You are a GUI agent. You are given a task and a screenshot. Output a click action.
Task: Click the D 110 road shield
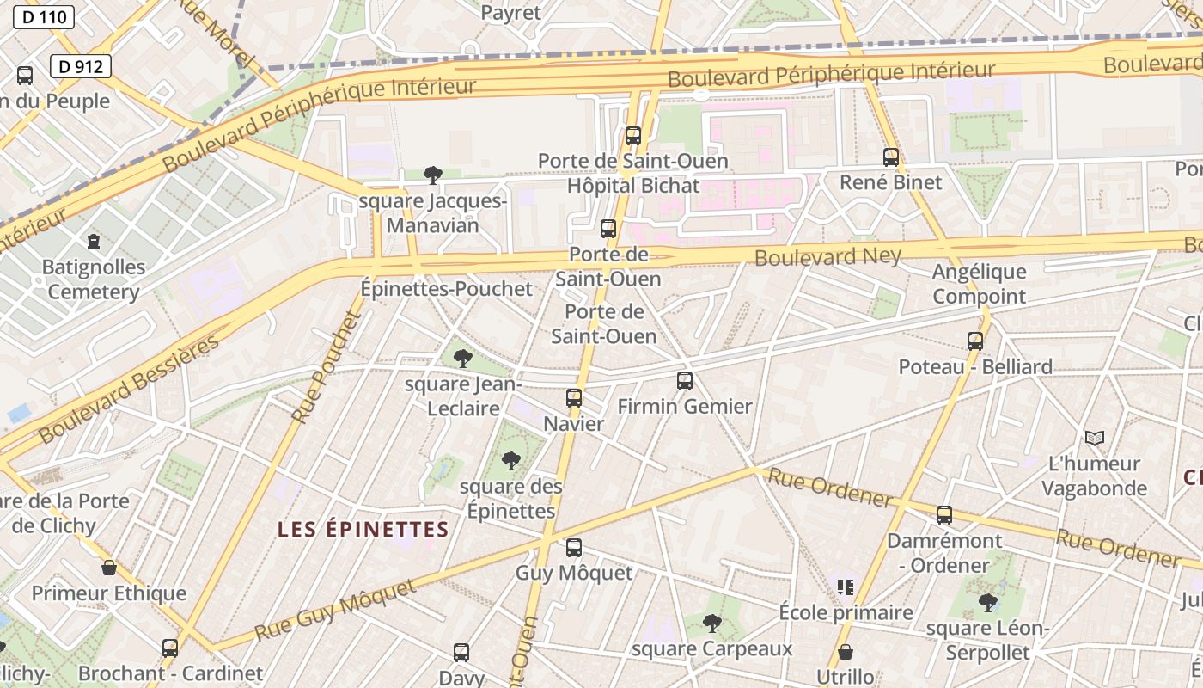[x=43, y=16]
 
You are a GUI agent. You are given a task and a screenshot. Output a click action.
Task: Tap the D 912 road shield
[x=81, y=66]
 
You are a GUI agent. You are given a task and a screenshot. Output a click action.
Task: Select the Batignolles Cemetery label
[x=94, y=279]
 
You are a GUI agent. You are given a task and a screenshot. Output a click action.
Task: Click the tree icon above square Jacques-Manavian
[x=433, y=175]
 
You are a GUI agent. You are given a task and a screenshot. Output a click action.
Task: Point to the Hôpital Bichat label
[x=633, y=186]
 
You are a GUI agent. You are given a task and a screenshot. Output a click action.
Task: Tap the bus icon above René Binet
[x=891, y=157]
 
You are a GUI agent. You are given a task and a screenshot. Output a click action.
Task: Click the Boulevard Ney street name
[x=827, y=256]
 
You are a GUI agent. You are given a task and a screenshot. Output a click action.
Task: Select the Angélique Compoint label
[x=980, y=285]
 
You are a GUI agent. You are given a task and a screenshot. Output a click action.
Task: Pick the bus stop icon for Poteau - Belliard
[x=975, y=341]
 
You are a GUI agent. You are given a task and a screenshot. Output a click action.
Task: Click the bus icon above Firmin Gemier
[x=685, y=381]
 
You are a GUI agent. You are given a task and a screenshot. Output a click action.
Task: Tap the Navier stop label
[x=574, y=424]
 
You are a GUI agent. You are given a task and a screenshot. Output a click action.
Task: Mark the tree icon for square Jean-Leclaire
[x=463, y=358]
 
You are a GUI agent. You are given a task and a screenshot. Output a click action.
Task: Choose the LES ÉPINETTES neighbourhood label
[x=363, y=530]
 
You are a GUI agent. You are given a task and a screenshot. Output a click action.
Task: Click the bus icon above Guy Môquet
[x=574, y=548]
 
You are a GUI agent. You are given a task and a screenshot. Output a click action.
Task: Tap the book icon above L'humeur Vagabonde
[x=1094, y=439]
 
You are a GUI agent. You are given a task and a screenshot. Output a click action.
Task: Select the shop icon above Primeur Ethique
[x=109, y=568]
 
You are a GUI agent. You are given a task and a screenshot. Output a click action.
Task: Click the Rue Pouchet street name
[x=326, y=367]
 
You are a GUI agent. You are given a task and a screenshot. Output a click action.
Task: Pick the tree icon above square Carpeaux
[x=711, y=623]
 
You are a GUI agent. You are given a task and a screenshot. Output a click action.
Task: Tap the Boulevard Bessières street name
[x=129, y=390]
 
